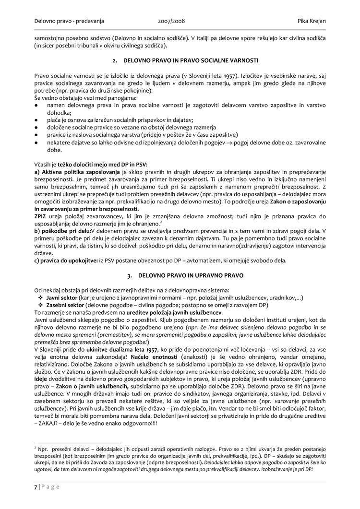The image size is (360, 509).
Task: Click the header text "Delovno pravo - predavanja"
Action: [69, 21]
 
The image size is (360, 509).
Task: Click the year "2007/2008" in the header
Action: [171, 21]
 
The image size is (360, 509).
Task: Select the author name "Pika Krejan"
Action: [308, 21]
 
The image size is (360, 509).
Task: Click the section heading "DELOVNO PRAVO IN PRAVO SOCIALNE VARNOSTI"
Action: [191, 61]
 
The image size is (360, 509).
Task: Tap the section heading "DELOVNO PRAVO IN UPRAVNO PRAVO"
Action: [191, 276]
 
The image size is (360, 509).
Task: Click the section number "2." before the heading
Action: [115, 61]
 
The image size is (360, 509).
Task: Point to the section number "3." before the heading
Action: [130, 276]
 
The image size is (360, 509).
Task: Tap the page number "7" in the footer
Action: [36, 486]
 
